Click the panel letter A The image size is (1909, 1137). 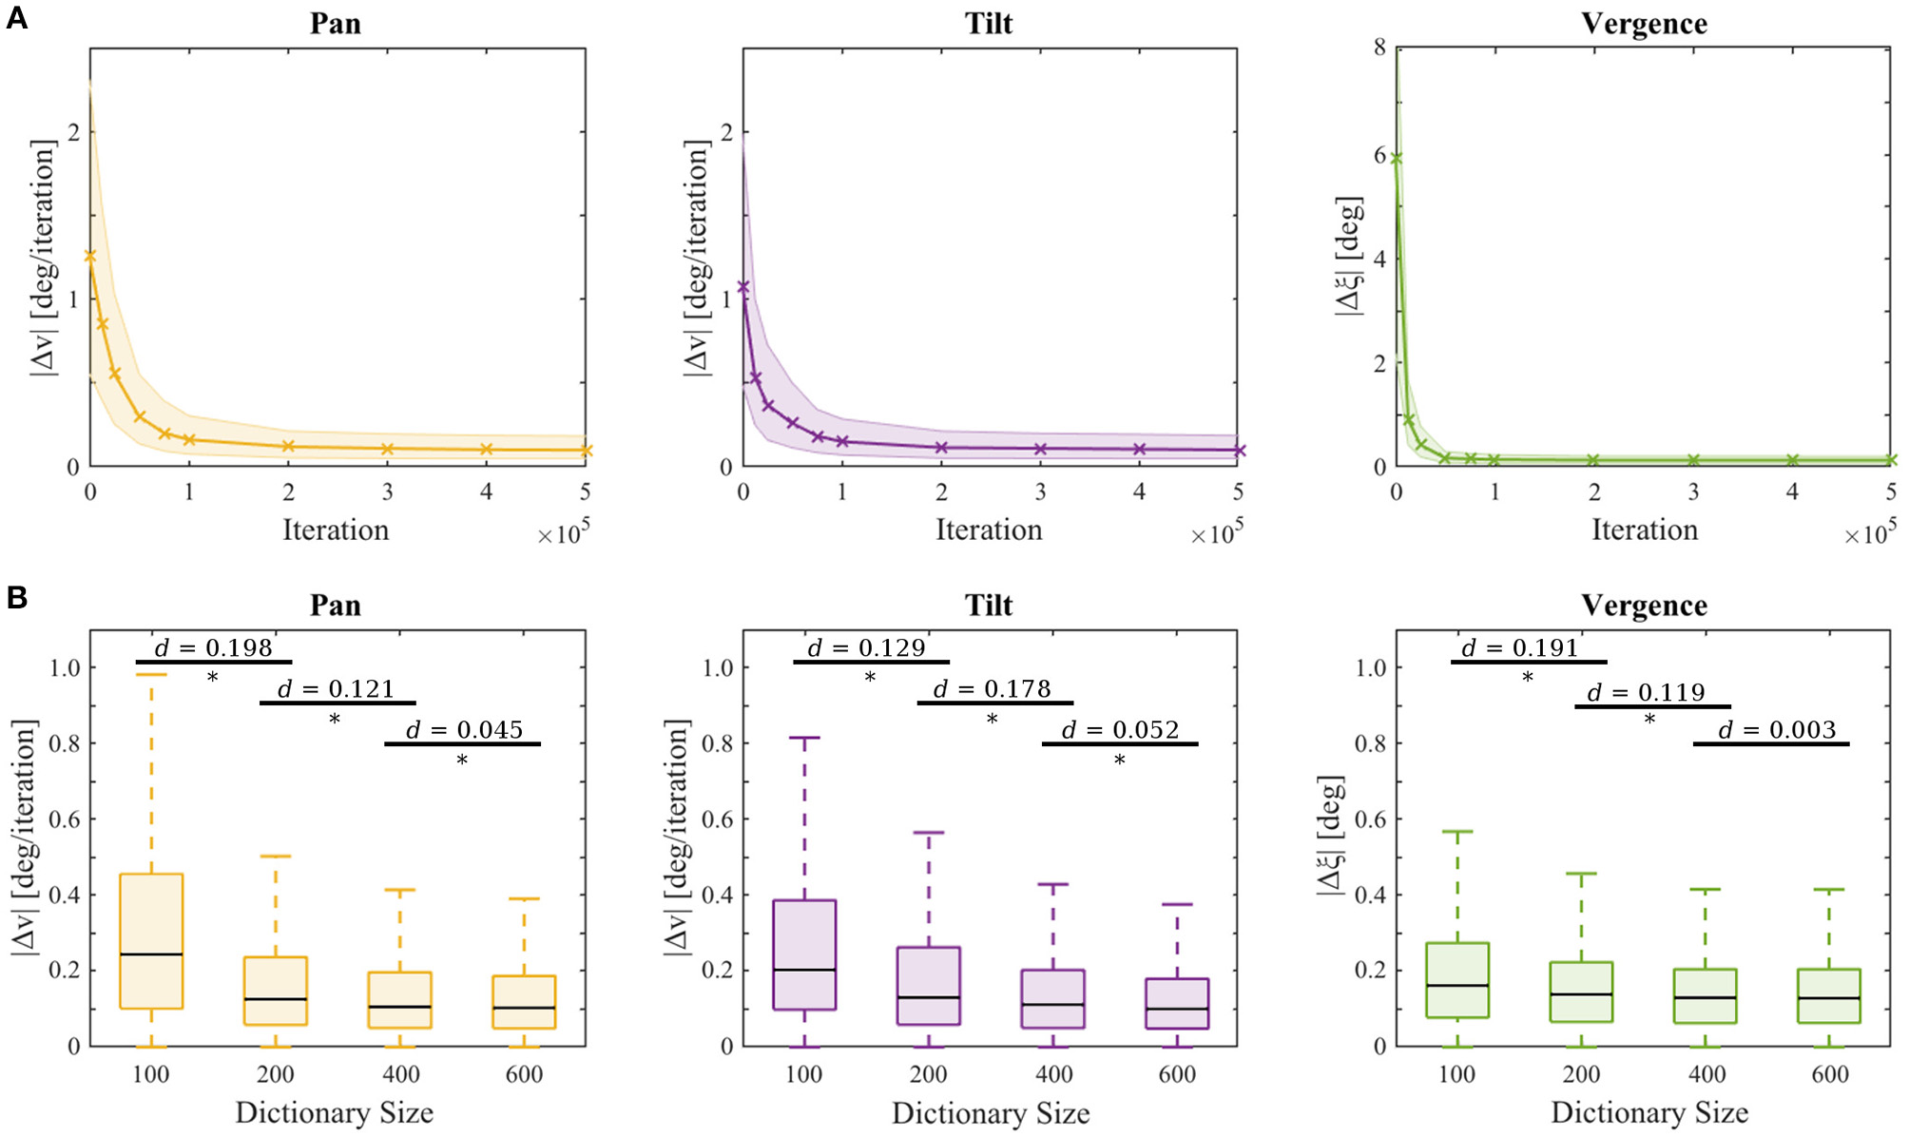point(16,17)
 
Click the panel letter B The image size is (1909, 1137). point(16,598)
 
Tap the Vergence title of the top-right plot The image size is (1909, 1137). point(1644,24)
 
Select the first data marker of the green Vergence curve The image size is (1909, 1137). point(1396,159)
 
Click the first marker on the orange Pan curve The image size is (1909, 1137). point(90,256)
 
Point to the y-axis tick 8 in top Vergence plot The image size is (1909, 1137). point(1379,48)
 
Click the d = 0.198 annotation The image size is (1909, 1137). point(214,648)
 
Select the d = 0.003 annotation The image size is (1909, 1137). point(1777,730)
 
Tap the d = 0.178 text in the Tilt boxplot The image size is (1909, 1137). point(993,689)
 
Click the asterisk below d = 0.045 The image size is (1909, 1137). point(462,761)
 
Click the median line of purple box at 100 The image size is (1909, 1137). point(804,970)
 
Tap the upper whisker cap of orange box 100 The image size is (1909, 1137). point(151,674)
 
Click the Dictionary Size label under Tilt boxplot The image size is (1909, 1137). point(990,1113)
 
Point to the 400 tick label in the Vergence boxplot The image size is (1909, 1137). point(1707,1074)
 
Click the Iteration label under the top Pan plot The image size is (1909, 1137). point(336,530)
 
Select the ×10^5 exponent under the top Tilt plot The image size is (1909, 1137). point(1217,533)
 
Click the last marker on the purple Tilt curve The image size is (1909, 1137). point(1238,451)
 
